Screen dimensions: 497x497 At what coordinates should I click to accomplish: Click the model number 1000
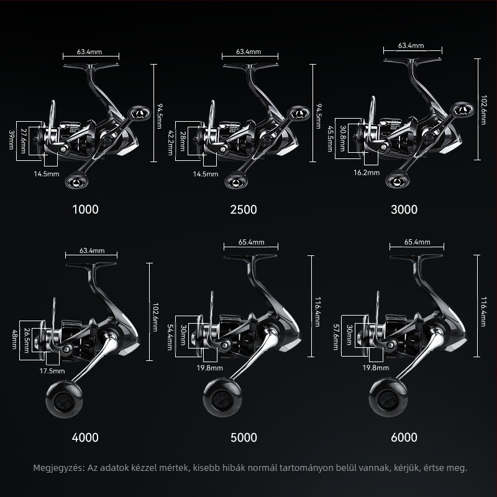point(85,209)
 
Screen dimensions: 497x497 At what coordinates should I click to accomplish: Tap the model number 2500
point(244,209)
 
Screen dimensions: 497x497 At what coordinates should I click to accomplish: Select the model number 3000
point(404,209)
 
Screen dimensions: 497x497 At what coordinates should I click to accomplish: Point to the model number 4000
point(85,438)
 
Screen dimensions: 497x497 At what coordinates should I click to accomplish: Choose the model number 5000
point(244,438)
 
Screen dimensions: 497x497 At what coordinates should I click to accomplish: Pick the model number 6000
point(404,437)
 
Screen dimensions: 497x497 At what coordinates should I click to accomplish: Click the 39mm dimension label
point(11,140)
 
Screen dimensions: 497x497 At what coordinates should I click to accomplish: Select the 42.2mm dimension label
point(170,143)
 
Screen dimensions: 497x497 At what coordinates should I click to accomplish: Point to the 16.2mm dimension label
point(367,173)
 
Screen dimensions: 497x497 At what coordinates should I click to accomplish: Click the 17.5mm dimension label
point(52,371)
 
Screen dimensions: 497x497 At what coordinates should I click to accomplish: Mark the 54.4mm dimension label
point(170,337)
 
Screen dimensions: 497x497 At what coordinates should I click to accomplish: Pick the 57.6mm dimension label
point(335,337)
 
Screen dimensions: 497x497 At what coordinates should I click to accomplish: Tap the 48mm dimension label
point(14,339)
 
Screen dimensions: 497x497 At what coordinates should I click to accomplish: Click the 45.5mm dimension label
point(330,139)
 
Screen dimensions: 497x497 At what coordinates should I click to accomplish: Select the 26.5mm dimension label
point(27,340)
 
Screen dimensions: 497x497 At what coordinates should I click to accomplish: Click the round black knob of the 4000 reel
point(65,399)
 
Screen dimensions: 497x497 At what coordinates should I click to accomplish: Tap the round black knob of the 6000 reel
point(388,398)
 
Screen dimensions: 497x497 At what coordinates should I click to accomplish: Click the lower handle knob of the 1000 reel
point(76,180)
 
